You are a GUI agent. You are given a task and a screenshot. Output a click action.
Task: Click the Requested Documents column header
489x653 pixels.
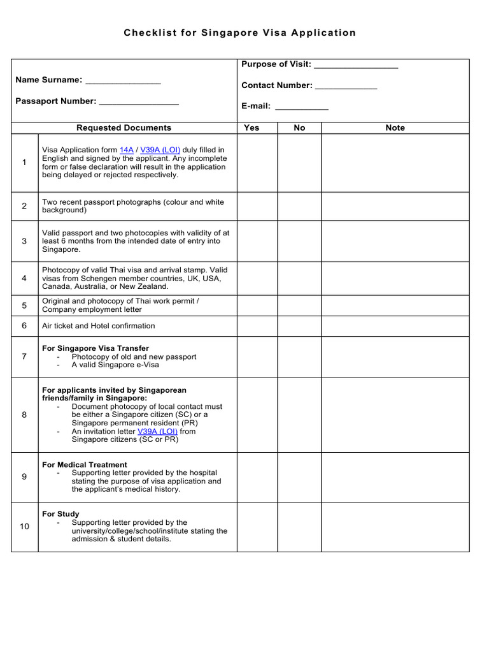coord(124,128)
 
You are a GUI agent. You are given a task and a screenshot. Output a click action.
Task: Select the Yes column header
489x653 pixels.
coord(252,128)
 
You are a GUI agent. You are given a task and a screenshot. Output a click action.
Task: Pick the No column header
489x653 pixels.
coord(299,128)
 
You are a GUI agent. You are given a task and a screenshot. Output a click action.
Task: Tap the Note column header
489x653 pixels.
coord(395,128)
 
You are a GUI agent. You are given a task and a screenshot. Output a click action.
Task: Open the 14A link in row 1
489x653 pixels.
coord(127,150)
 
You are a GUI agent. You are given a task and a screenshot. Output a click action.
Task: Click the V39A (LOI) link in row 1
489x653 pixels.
coord(159,150)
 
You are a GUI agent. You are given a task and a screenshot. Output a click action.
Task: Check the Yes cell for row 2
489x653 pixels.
coord(257,206)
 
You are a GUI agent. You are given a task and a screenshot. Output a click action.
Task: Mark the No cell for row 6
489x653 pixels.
coord(299,326)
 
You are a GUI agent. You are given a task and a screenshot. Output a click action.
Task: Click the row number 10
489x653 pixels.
coord(24,526)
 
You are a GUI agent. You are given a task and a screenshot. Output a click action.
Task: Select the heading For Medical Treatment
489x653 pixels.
coord(85,465)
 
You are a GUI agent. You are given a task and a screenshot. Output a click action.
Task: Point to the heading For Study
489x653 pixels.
coord(60,514)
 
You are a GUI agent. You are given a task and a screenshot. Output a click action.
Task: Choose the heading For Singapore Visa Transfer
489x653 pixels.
coord(96,348)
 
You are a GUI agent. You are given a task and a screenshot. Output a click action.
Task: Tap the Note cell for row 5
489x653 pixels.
coord(395,305)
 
